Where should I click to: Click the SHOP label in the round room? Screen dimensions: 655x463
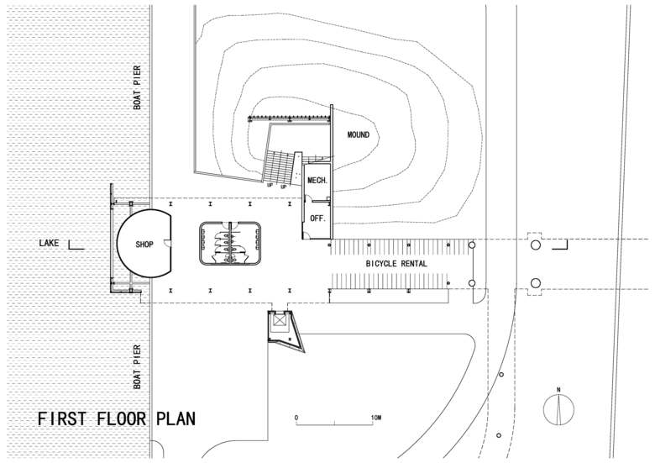coord(144,244)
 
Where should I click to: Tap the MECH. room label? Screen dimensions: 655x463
coord(317,181)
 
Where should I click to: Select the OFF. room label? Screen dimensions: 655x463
coord(317,218)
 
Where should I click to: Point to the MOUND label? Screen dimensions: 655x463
coord(359,134)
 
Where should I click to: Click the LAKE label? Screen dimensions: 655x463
coord(49,243)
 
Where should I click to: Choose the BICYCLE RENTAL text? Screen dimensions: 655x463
coord(396,264)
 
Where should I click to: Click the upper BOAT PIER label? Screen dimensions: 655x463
coord(137,87)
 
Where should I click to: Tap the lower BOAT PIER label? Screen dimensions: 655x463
coord(137,367)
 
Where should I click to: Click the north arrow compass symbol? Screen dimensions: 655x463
coord(558,408)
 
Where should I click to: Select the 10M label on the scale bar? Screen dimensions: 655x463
coord(375,418)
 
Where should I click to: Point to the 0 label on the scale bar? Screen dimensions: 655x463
coord(296,418)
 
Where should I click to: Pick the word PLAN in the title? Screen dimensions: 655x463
coord(176,418)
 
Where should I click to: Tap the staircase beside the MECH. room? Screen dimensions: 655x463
coord(278,166)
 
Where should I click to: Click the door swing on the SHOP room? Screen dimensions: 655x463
coord(167,243)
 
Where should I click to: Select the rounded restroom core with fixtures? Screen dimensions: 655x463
coord(230,244)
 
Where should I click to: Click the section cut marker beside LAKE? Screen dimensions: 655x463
coord(76,245)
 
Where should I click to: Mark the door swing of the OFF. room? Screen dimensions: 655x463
coord(307,234)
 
